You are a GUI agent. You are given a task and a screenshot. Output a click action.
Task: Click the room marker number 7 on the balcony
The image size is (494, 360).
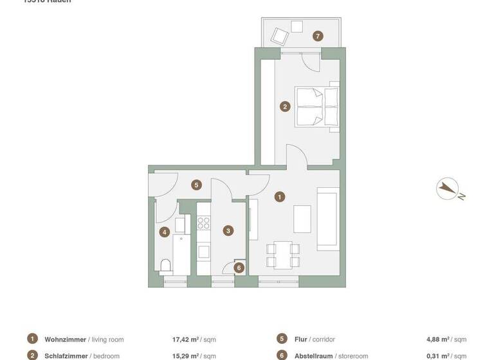318,36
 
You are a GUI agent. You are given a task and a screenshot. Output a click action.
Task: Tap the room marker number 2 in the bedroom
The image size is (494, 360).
286,107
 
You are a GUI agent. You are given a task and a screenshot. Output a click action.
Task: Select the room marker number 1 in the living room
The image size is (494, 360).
280,197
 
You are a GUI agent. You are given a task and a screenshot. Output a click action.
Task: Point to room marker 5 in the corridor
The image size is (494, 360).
197,185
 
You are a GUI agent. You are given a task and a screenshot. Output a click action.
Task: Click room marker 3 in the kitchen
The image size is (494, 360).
228,230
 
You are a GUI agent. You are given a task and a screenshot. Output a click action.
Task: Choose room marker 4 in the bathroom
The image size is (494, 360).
165,232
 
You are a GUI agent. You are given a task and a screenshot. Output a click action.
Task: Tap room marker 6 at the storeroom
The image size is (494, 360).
239,268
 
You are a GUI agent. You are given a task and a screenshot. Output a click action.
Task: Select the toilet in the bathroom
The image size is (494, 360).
165,265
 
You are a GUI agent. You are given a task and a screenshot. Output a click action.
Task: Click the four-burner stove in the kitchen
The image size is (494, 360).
204,223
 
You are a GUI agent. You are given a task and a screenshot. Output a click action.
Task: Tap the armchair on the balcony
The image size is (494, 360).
280,35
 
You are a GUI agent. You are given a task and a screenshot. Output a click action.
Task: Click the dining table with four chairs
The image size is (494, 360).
283,254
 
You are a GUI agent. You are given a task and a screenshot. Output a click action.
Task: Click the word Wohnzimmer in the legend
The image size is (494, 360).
65,339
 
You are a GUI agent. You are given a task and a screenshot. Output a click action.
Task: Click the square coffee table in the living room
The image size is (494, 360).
302,219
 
